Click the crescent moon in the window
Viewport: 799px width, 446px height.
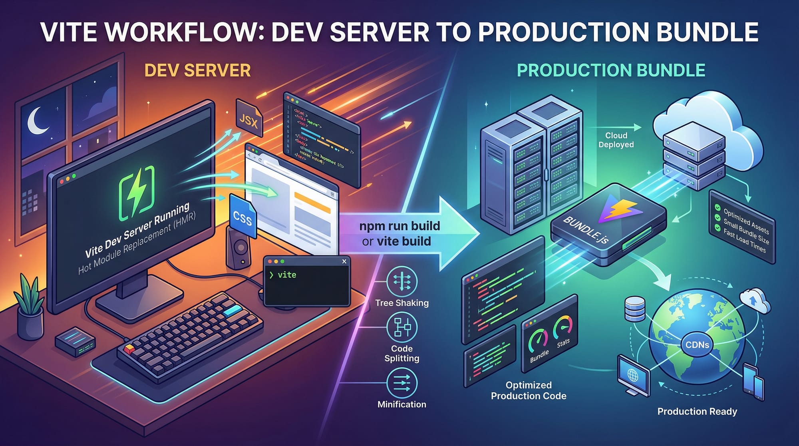[37, 121]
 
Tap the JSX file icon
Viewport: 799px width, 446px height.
[248, 119]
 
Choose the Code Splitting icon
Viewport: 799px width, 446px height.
[401, 327]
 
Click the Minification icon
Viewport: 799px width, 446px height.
[401, 383]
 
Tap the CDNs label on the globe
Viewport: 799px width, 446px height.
[697, 344]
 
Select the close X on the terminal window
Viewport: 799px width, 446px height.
[344, 261]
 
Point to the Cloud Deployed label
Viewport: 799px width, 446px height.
[616, 140]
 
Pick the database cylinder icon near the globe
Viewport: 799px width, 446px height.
[634, 309]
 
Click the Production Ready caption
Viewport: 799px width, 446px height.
[697, 411]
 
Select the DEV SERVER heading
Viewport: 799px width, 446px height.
[197, 71]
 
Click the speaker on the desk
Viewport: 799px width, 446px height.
[239, 248]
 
